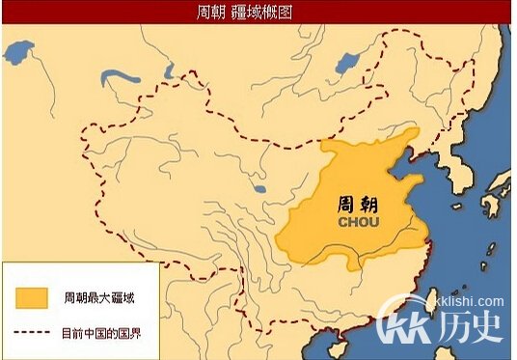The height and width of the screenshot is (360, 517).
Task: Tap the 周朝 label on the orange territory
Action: [359, 203]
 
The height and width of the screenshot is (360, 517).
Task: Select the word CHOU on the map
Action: [359, 222]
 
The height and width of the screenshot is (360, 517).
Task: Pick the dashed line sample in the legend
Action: [32, 333]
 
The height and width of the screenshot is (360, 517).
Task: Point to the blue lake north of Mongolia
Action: [348, 65]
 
